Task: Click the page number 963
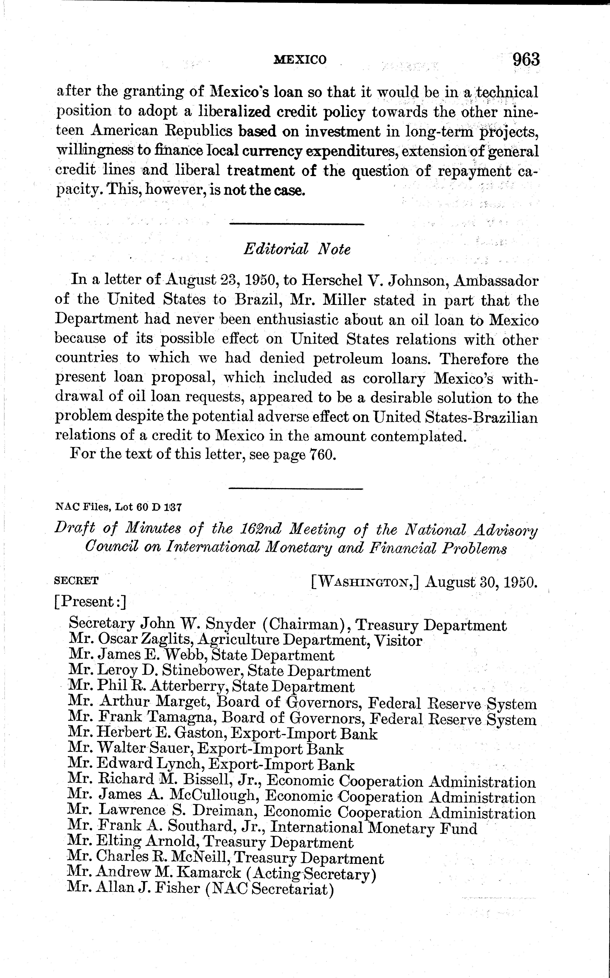tap(526, 60)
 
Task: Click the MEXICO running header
tap(300, 60)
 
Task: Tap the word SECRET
tap(76, 581)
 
